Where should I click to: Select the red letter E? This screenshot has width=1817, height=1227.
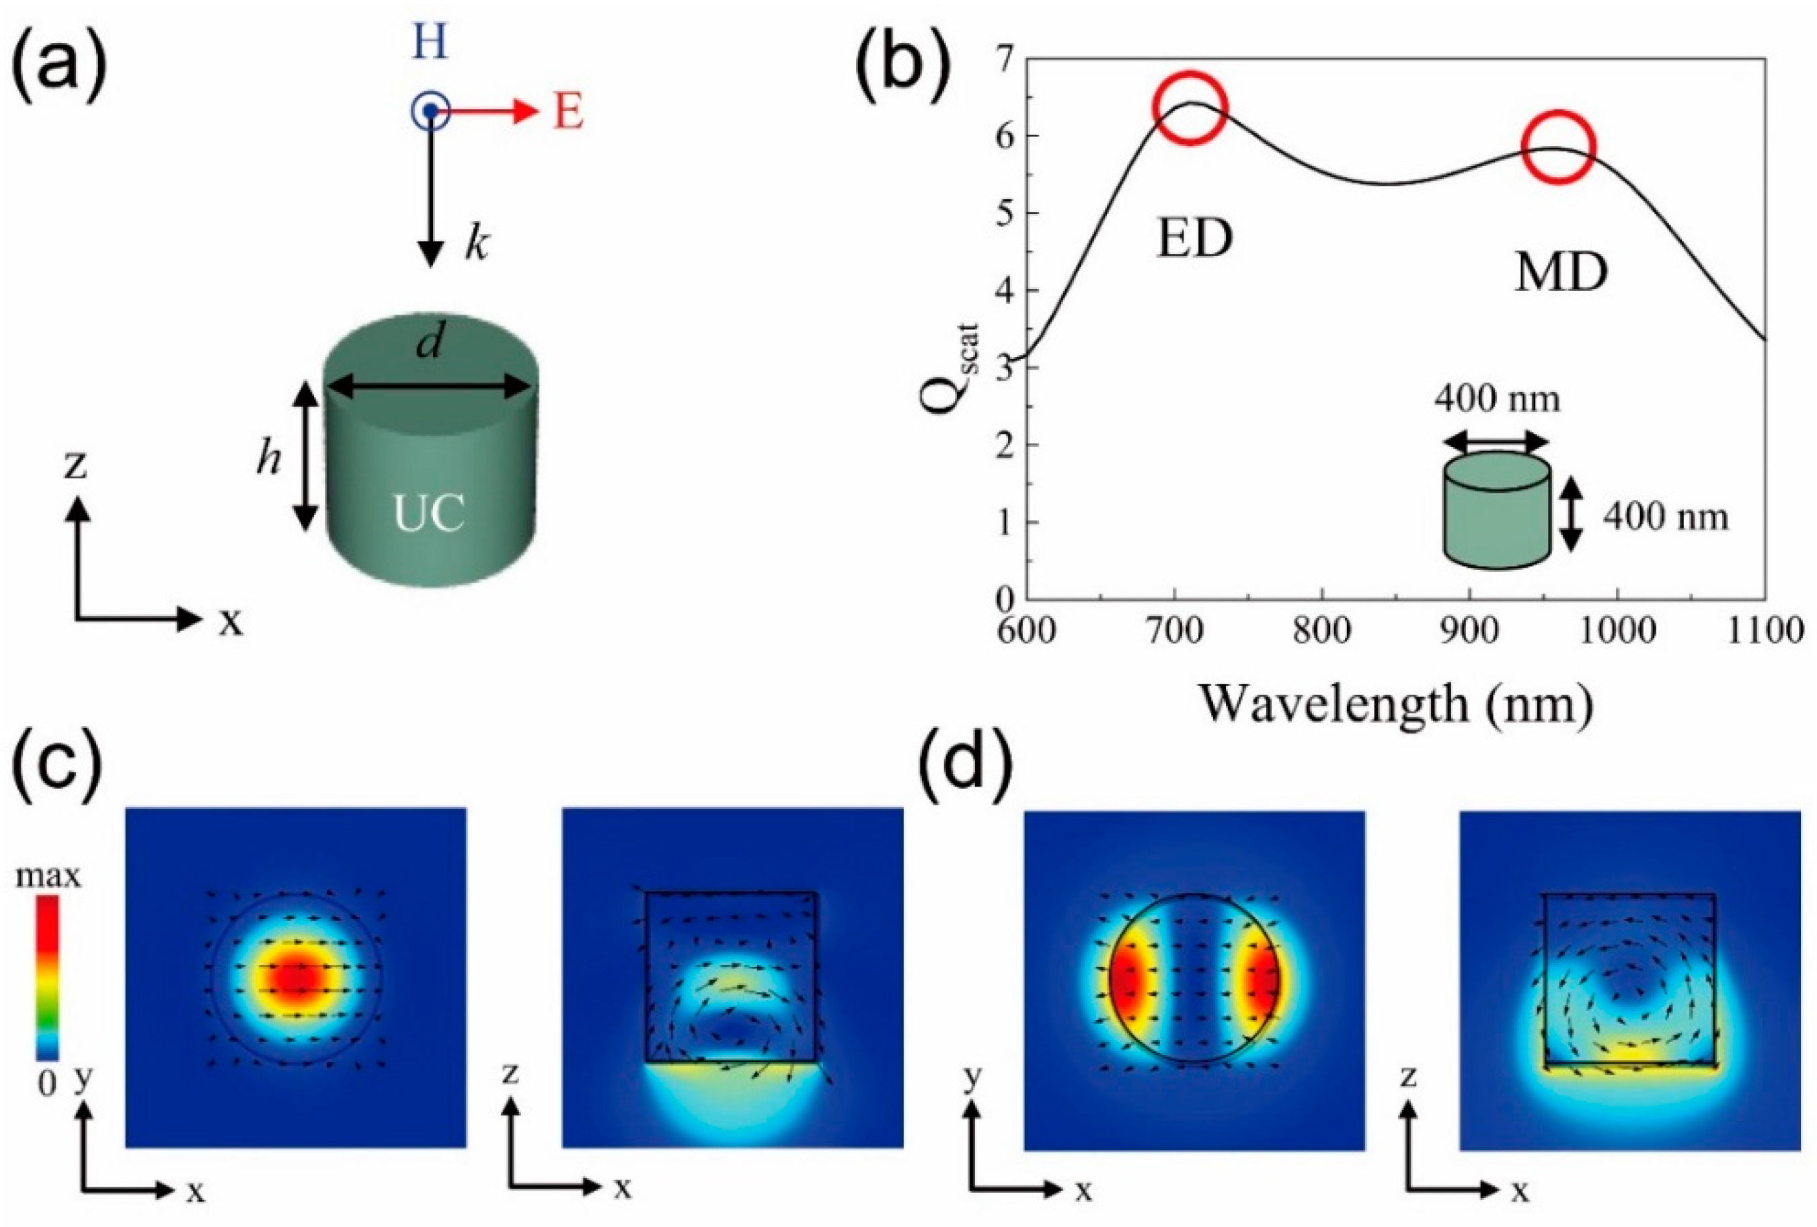[568, 112]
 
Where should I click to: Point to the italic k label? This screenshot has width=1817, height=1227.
[476, 245]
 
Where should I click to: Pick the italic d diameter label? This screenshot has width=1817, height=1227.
[429, 342]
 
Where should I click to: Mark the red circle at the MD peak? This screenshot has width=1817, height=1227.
[1558, 149]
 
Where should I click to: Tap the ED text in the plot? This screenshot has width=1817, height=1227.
[1194, 239]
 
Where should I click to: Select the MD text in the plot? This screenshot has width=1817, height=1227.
[1561, 274]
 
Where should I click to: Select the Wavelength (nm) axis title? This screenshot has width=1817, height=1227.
[1395, 703]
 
